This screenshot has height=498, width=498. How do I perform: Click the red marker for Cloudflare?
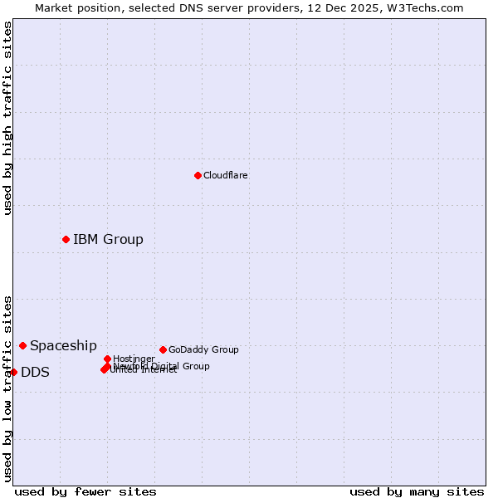(x=198, y=175)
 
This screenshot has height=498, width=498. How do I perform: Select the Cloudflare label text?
(x=225, y=175)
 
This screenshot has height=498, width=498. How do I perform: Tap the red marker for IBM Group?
(x=66, y=239)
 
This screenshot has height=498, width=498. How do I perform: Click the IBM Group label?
(x=108, y=239)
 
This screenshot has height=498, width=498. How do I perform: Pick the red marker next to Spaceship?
(x=22, y=345)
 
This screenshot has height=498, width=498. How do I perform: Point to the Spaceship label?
(x=63, y=345)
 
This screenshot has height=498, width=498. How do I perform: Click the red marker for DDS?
(x=13, y=372)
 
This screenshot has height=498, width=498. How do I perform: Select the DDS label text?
(x=35, y=372)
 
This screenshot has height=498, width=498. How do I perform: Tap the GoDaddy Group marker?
(x=163, y=349)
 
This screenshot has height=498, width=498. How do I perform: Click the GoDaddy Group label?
(x=203, y=349)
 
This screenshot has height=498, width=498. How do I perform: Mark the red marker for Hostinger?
(x=107, y=359)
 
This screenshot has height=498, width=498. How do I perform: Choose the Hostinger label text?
(x=134, y=359)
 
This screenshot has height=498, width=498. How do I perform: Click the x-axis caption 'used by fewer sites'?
(x=85, y=491)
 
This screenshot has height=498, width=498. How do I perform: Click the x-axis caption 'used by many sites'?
(x=417, y=491)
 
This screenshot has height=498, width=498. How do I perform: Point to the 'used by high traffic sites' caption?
(x=7, y=118)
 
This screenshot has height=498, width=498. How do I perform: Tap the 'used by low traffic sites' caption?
(x=7, y=388)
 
